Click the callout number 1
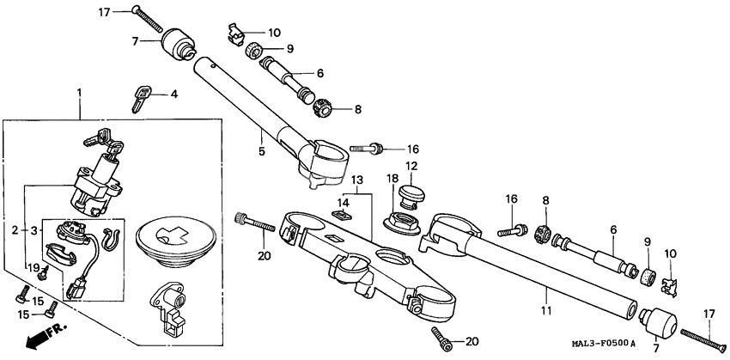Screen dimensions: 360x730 click(x=80, y=91)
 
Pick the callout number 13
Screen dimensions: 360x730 click(x=356, y=180)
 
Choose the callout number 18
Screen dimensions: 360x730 click(x=392, y=178)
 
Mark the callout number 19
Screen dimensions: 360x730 click(x=34, y=269)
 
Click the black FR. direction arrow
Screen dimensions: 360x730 click(x=33, y=339)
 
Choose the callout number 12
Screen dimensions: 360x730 click(x=411, y=165)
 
